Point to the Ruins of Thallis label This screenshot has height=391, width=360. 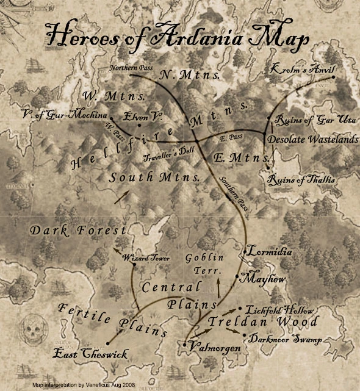point(303,180)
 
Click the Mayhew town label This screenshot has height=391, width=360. point(263,278)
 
